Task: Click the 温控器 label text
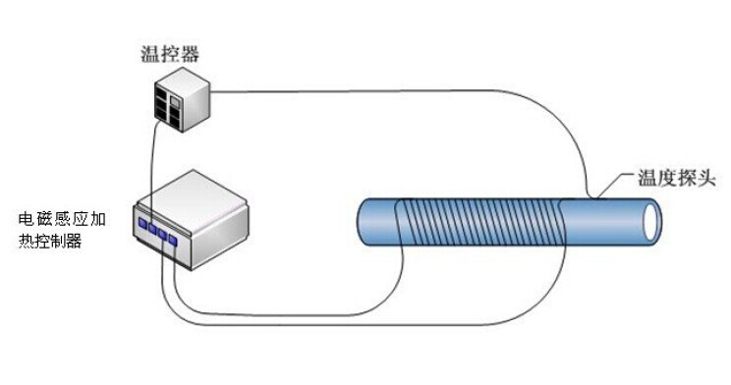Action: pyautogui.click(x=170, y=54)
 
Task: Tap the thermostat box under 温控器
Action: pyautogui.click(x=183, y=99)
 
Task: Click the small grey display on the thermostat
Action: pyautogui.click(x=174, y=101)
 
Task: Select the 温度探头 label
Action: pyautogui.click(x=676, y=179)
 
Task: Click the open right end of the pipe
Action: pyautogui.click(x=652, y=221)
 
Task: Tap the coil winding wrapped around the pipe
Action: pyautogui.click(x=480, y=221)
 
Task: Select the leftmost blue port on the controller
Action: pyautogui.click(x=142, y=224)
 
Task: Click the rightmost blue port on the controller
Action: pyautogui.click(x=173, y=240)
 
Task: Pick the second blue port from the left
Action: pyautogui.click(x=152, y=229)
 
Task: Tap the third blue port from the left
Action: pyautogui.click(x=162, y=235)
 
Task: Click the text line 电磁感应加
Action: pyautogui.click(x=62, y=219)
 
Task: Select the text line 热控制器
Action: pyautogui.click(x=50, y=241)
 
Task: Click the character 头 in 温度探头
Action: pyautogui.click(x=705, y=179)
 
